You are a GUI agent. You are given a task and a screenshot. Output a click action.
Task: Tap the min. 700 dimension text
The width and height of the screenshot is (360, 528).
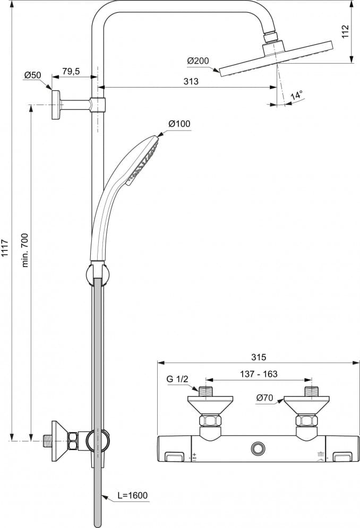25,249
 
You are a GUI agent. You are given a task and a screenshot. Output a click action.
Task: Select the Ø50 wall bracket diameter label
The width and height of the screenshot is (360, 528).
32,75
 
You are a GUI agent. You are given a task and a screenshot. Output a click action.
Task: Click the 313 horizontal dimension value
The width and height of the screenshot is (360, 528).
191,81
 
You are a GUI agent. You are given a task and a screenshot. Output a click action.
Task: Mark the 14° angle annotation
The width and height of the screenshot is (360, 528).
297,96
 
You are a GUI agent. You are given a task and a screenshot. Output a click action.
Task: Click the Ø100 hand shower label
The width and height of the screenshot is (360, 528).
179,124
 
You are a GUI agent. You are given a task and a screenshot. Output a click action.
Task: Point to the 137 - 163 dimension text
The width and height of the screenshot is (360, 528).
259,374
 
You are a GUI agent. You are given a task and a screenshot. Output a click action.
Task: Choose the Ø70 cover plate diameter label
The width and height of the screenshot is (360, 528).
264,397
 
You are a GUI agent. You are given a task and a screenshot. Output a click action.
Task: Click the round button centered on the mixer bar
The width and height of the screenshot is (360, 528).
259,449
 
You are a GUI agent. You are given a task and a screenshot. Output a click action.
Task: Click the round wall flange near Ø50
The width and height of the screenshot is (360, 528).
55,104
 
